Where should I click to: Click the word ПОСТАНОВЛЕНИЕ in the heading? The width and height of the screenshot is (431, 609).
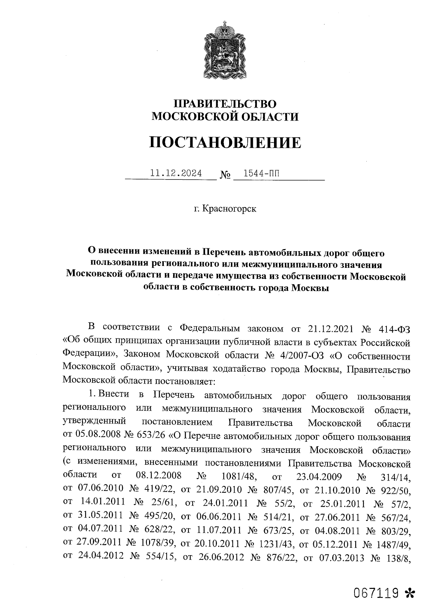225,142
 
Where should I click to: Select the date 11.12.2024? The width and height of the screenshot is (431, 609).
176,174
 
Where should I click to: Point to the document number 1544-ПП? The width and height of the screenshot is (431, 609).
260,174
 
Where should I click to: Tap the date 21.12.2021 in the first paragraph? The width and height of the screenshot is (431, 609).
331,328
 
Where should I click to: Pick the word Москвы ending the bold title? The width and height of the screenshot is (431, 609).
310,288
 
